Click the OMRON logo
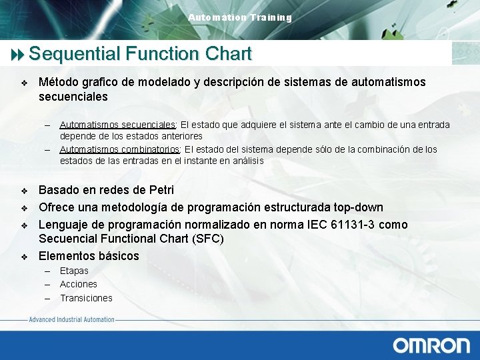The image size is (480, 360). (431, 345)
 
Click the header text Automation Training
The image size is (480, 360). (240, 17)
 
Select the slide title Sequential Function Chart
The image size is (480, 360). (140, 53)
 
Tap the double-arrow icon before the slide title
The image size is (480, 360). (16, 54)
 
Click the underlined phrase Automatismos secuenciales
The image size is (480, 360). (117, 125)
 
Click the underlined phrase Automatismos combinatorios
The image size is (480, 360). (120, 149)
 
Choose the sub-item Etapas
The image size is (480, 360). (74, 271)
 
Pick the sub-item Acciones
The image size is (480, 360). (79, 284)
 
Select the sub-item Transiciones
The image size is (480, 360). (86, 298)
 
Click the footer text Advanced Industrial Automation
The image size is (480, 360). (71, 320)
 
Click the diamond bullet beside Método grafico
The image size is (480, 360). (24, 83)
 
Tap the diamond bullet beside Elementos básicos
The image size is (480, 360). (24, 257)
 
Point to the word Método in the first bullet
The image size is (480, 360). (58, 82)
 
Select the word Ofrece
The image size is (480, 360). (56, 207)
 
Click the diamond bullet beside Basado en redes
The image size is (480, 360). (24, 191)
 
